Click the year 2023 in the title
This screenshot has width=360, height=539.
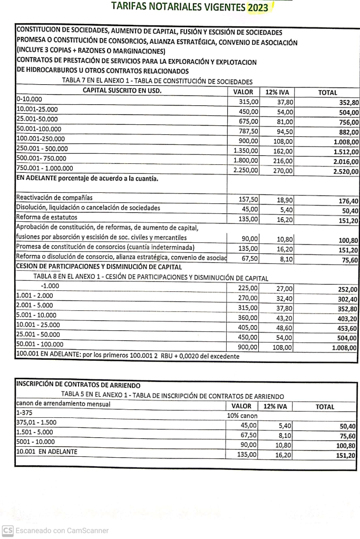[x=257, y=7]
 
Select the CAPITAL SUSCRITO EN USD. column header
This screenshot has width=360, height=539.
[x=122, y=91]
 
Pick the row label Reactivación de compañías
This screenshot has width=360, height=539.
[x=54, y=198]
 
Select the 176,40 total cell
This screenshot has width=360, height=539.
[x=347, y=201]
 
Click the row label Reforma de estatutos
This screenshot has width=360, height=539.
[x=47, y=218]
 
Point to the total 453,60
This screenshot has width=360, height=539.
[x=347, y=329]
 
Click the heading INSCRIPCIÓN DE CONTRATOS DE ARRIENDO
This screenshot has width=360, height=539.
[x=79, y=386]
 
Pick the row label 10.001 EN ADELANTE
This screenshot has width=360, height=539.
[x=47, y=452]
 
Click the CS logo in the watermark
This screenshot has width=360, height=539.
[x=7, y=531]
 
